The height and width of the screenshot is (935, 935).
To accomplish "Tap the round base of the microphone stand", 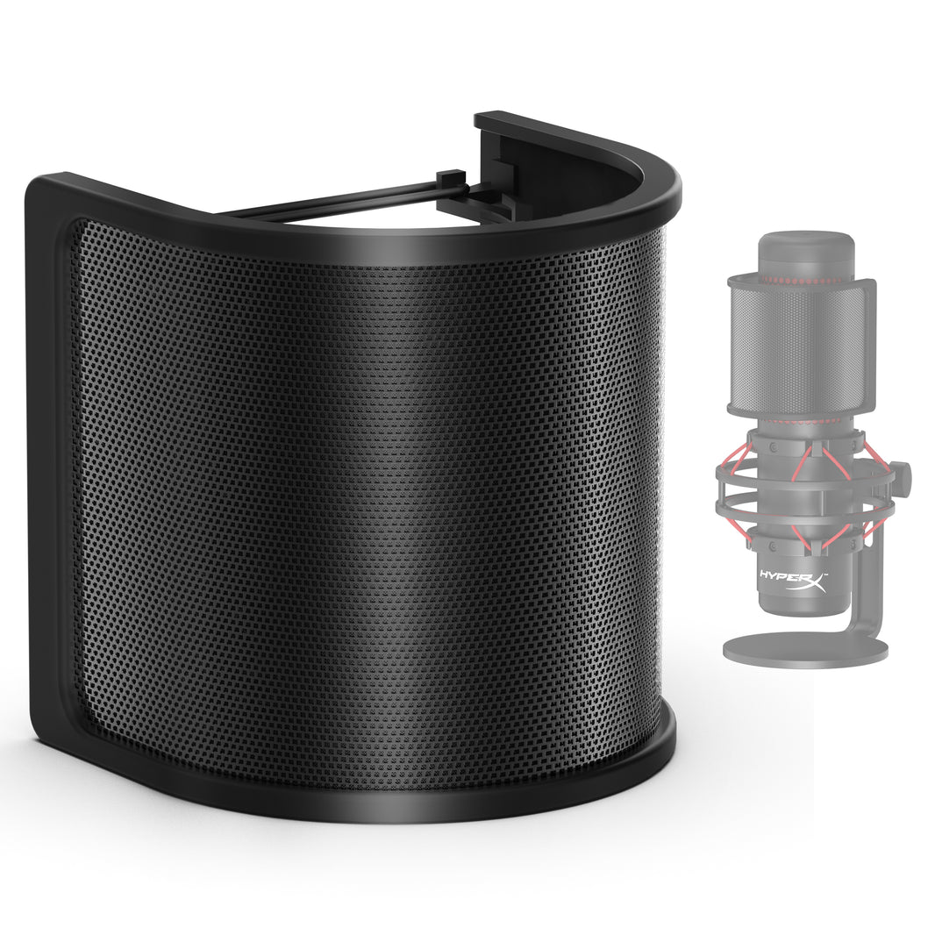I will [805, 648].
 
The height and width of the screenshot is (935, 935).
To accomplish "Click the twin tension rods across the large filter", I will [351, 203].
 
